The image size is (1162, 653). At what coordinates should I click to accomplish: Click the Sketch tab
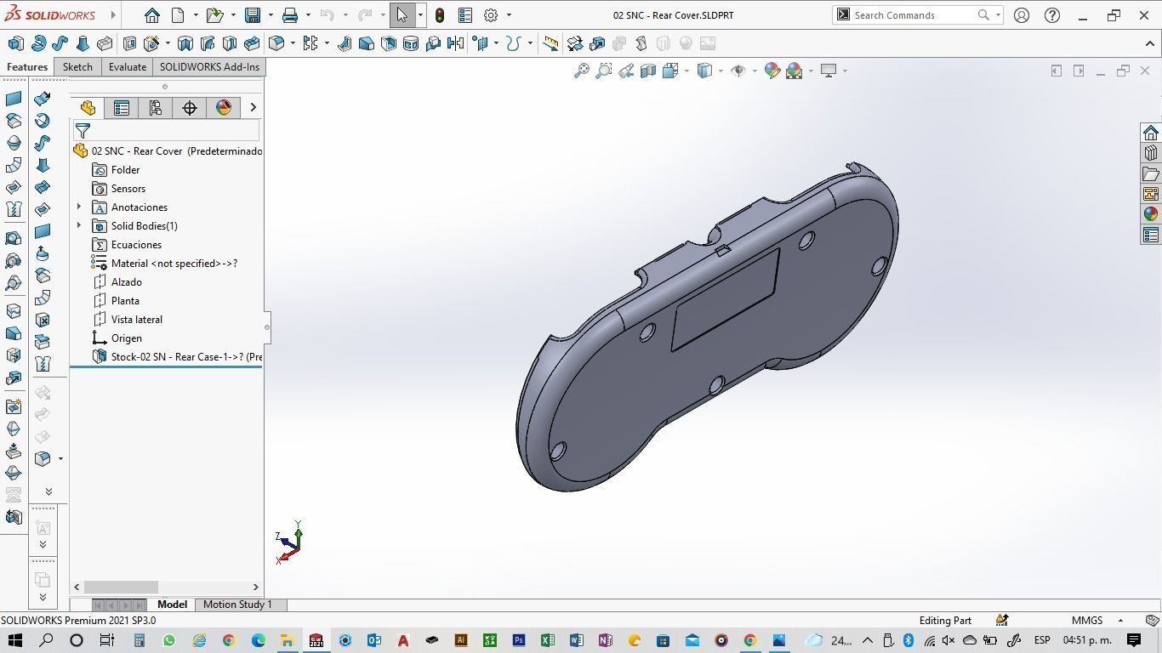pos(77,67)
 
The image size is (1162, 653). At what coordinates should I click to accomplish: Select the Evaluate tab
pos(127,67)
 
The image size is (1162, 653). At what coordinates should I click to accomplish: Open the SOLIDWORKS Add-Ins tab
pos(209,67)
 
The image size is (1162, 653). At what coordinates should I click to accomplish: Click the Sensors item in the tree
pos(128,189)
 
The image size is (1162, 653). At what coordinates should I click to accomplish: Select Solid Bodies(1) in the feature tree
pos(144,226)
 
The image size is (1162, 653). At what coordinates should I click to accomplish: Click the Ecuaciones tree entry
pos(136,245)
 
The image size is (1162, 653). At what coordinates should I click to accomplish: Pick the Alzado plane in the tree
pos(126,282)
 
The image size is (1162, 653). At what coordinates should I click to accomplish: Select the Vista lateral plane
pos(136,320)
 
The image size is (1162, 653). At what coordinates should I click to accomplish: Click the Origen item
pos(126,338)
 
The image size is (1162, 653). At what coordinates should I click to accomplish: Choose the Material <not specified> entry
pos(174,264)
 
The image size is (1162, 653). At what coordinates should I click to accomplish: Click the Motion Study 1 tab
pos(237,605)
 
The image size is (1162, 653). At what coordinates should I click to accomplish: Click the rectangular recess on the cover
pos(726,299)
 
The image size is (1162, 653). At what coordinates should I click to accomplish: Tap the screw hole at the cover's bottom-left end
pos(558,451)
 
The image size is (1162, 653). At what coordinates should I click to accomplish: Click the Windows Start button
pos(14,640)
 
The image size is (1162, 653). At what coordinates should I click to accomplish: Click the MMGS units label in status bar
pos(1086,621)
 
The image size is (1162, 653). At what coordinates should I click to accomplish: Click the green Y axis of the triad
pos(298,531)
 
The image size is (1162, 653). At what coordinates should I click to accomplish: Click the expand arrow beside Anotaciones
pos(79,207)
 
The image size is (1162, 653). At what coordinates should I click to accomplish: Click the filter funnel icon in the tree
pos(83,131)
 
